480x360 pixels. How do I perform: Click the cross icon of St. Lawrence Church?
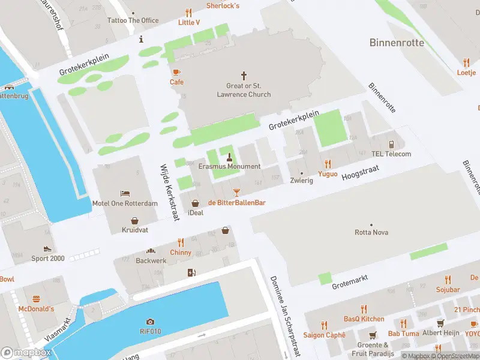click(x=244, y=76)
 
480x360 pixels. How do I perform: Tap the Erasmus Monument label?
click(x=229, y=166)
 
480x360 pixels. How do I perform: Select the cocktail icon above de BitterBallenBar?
click(x=236, y=192)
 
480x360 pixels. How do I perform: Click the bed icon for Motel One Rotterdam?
click(x=125, y=193)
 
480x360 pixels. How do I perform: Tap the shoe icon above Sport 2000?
click(x=47, y=248)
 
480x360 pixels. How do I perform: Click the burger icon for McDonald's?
click(x=35, y=298)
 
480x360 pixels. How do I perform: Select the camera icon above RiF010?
click(x=150, y=322)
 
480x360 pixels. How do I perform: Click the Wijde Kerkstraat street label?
click(x=170, y=193)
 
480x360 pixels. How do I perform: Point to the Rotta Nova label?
click(x=372, y=232)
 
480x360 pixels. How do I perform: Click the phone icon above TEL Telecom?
click(x=391, y=144)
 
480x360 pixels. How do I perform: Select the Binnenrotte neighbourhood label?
click(x=397, y=43)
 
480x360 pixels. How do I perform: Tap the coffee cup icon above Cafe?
click(x=176, y=72)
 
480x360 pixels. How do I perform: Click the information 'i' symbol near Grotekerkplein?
click(x=141, y=40)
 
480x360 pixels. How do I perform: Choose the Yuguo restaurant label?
click(x=328, y=173)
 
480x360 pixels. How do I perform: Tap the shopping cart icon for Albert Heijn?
click(x=441, y=323)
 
